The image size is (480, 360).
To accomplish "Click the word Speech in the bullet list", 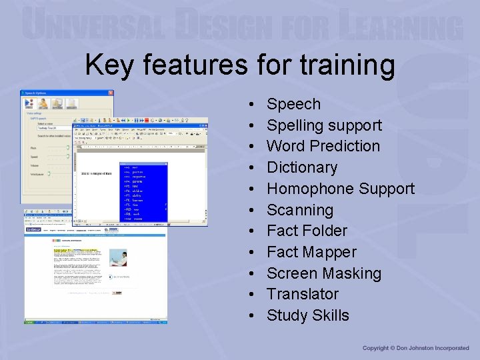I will [x=293, y=104].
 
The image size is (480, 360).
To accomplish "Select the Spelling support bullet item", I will [x=324, y=125].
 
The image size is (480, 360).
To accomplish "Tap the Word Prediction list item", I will [x=323, y=146].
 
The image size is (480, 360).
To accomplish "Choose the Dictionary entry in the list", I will [x=302, y=167].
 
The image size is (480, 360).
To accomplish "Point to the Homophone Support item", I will [x=340, y=189].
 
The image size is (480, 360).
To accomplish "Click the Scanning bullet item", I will [x=300, y=210].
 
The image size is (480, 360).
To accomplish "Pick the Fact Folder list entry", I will [x=307, y=231].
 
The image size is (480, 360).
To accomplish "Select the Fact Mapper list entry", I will [x=311, y=252].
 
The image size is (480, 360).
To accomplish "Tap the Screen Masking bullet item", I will [x=324, y=273].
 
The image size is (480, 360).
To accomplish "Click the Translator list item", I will [x=303, y=294].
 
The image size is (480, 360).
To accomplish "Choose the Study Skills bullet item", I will [x=308, y=315].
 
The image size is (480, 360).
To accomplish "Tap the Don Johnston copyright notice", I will [x=415, y=348].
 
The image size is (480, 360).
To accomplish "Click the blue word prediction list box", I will [x=144, y=191].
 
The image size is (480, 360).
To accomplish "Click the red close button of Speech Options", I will [x=111, y=93].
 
